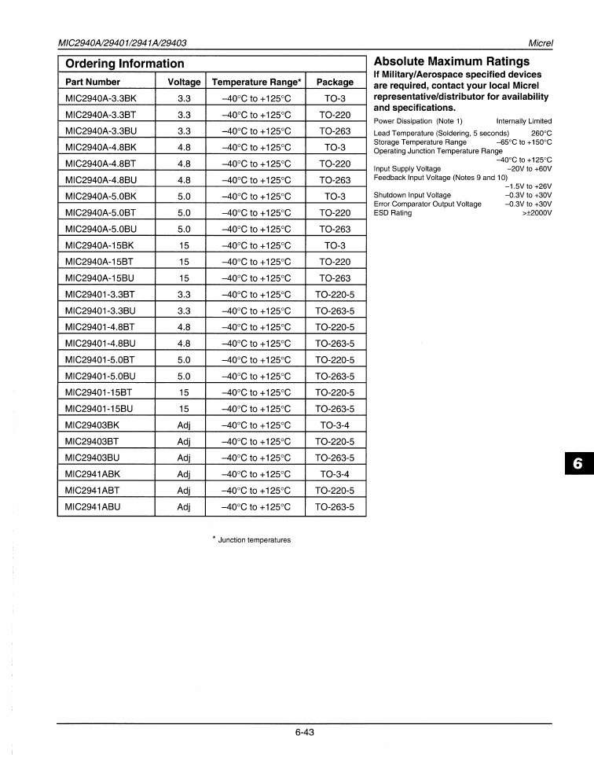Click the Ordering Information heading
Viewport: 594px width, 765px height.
pos(125,64)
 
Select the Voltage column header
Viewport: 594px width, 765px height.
pos(184,82)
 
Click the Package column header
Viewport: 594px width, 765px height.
pos(335,82)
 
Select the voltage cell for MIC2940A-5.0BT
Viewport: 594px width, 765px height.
pos(184,212)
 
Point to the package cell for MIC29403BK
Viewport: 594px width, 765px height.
pos(335,425)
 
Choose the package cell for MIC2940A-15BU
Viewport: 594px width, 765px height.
pos(335,278)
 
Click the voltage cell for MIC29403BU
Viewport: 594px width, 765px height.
pos(184,458)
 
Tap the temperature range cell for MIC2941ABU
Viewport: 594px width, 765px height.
pos(255,507)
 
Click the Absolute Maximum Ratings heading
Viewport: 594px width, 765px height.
pos(451,61)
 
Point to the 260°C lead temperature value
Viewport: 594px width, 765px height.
pos(541,134)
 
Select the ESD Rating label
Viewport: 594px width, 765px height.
pos(392,213)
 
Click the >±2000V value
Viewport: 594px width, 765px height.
pos(537,213)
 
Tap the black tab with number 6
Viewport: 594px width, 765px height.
pos(577,464)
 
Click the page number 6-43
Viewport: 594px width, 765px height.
pos(305,732)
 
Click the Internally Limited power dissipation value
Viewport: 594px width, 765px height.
pos(523,121)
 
